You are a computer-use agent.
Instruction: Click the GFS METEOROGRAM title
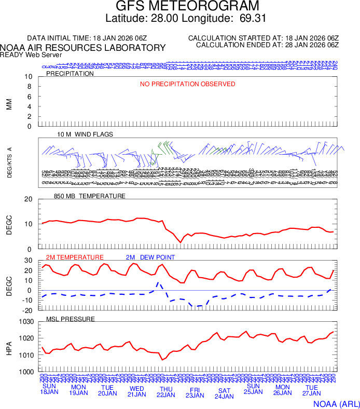(187, 7)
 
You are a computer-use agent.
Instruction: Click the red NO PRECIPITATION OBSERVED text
(187, 84)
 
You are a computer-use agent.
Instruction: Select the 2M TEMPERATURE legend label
(75, 257)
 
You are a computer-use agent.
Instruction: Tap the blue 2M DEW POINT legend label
(150, 257)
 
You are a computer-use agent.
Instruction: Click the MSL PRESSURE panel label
(71, 319)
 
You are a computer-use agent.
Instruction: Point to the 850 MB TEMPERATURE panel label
(89, 196)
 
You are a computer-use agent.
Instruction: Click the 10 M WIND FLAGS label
(85, 134)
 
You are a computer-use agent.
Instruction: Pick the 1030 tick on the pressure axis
(27, 322)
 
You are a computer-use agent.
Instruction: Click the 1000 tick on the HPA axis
(27, 372)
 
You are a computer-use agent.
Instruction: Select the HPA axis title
(9, 347)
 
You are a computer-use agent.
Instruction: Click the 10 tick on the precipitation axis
(29, 77)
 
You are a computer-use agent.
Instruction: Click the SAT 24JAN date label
(225, 393)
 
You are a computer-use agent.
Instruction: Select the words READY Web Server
(31, 55)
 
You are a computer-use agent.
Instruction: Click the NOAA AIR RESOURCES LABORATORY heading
(83, 48)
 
